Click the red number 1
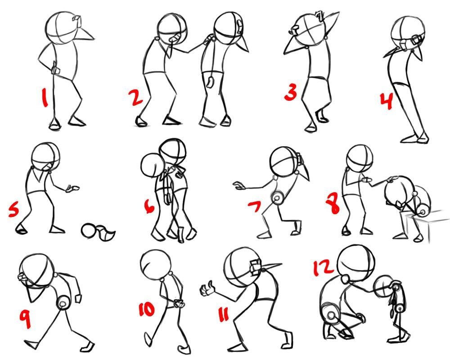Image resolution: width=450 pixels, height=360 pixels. pyautogui.click(x=44, y=97)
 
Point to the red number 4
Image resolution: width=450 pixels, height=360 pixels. pyautogui.click(x=386, y=101)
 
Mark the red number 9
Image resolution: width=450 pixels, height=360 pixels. pyautogui.click(x=26, y=319)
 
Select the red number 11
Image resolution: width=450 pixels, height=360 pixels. pyautogui.click(x=224, y=314)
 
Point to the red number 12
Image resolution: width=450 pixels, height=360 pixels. pyautogui.click(x=323, y=268)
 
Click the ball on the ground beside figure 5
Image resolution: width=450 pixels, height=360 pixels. pyautogui.click(x=89, y=230)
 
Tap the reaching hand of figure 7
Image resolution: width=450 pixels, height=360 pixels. pyautogui.click(x=239, y=185)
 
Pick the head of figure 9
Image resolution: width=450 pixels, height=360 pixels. pyautogui.click(x=37, y=270)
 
